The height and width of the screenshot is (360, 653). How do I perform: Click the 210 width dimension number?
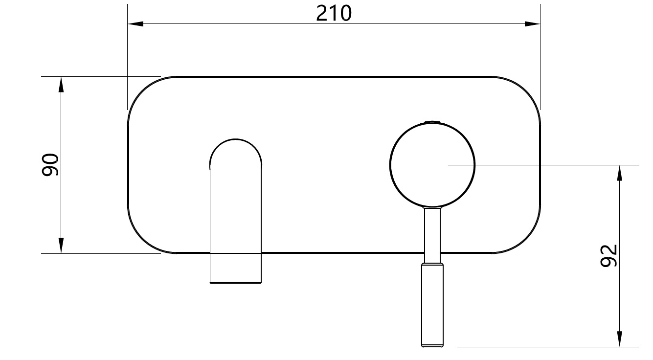pyautogui.click(x=334, y=13)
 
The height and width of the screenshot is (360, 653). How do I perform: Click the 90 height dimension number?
pyautogui.click(x=50, y=165)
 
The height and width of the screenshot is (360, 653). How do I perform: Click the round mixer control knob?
pyautogui.click(x=432, y=165)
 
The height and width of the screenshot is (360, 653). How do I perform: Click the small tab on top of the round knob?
pyautogui.click(x=432, y=121)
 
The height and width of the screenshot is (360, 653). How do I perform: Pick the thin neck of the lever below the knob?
pyautogui.click(x=433, y=235)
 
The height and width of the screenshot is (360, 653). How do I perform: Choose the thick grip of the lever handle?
pyautogui.click(x=433, y=303)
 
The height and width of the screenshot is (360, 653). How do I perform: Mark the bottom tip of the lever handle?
pyautogui.click(x=433, y=345)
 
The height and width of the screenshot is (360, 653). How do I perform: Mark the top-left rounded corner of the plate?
pyautogui.click(x=142, y=91)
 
